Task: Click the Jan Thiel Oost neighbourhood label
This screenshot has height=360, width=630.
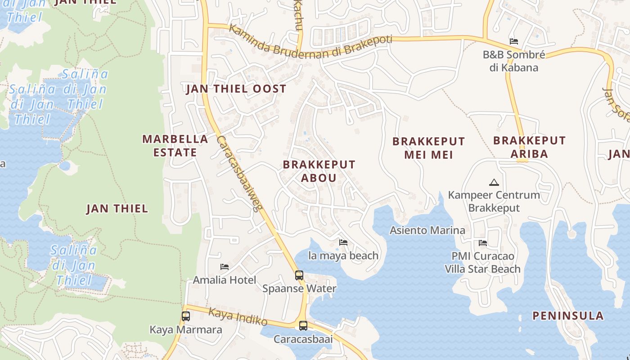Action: coord(236,89)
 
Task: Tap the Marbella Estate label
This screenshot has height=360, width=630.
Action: coord(175,145)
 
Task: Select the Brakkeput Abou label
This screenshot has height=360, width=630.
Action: coord(319,171)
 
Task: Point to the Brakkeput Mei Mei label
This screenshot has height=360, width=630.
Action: coord(428,148)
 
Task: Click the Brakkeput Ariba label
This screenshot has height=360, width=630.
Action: coord(529,147)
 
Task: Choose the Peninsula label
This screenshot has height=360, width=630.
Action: coord(568,315)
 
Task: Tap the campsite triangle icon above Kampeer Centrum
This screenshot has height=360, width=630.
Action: coord(494,183)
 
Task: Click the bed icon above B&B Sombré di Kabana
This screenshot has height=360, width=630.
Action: coord(514,41)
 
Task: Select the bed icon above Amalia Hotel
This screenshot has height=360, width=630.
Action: coord(225,267)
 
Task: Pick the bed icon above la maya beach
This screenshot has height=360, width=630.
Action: coord(343,243)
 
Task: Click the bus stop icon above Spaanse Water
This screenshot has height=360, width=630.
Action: coord(299,275)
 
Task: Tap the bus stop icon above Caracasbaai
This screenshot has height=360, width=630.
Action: coord(303,326)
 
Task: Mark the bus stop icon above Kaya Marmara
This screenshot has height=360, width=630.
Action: coord(186,316)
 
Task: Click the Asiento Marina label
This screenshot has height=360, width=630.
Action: coord(427,230)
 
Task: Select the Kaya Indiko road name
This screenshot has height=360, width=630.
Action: coord(238,316)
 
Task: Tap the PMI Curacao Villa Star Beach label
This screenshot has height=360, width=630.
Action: coord(482,262)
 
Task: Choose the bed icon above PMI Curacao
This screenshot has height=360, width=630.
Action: coord(483,243)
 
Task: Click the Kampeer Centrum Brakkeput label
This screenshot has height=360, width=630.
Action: coord(494,201)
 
